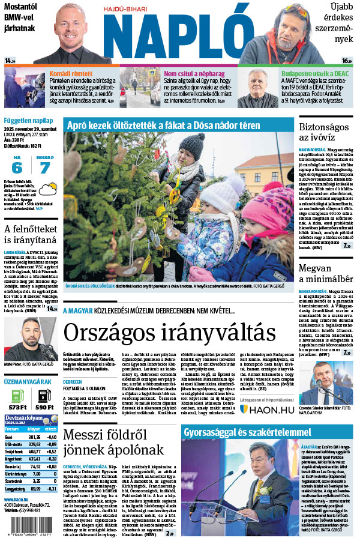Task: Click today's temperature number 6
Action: point(17,168)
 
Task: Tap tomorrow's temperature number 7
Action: point(45,168)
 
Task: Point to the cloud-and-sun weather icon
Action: point(46,192)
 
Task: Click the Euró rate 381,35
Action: point(35,437)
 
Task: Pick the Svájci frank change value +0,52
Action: point(52,450)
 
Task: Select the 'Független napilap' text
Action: point(25,120)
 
